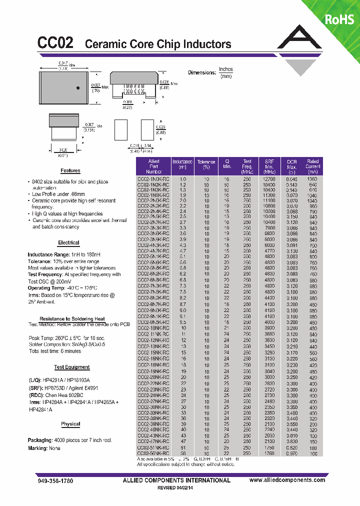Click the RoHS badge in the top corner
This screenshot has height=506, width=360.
[x=339, y=19]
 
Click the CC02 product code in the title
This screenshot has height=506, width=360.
[x=55, y=43]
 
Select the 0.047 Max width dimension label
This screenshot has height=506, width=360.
[x=63, y=63]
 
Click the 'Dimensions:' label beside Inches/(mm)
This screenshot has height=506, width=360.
[x=201, y=73]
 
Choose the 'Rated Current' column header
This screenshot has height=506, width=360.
[x=313, y=165]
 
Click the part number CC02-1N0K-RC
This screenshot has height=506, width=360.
[x=153, y=178]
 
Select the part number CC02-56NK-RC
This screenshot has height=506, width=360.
[x=153, y=453]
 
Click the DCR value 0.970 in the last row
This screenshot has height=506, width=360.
[x=292, y=453]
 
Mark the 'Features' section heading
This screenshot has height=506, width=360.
[x=70, y=171]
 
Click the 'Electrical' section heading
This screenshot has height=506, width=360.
[x=68, y=243]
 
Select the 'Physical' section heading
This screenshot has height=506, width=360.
[x=70, y=424]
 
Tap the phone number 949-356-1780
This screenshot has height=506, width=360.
[x=55, y=480]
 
